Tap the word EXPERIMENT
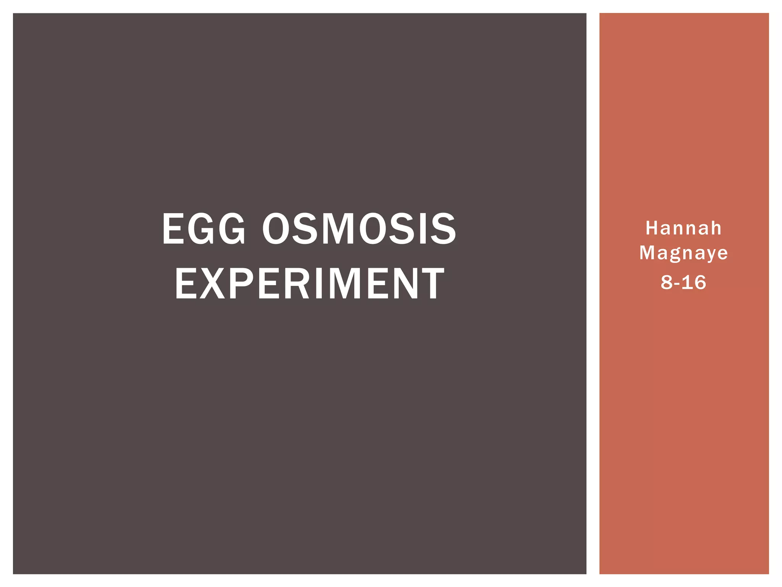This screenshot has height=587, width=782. (310, 284)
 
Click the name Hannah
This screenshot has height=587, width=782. (683, 229)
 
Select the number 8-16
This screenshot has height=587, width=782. (683, 282)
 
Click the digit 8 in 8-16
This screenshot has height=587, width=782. (667, 282)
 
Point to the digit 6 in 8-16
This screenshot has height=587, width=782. (700, 282)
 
